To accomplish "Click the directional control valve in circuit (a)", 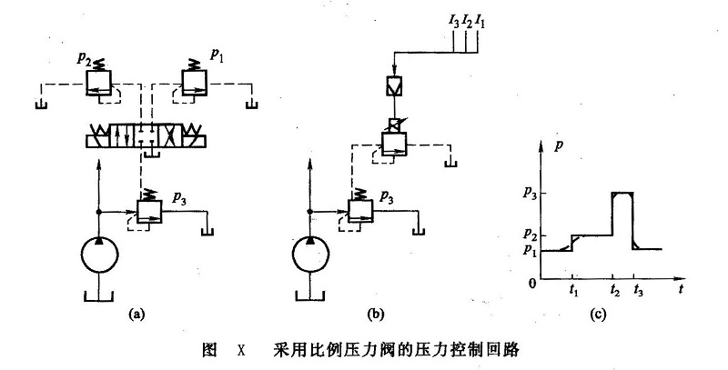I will [146, 139].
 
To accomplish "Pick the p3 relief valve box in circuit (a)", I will [148, 210].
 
